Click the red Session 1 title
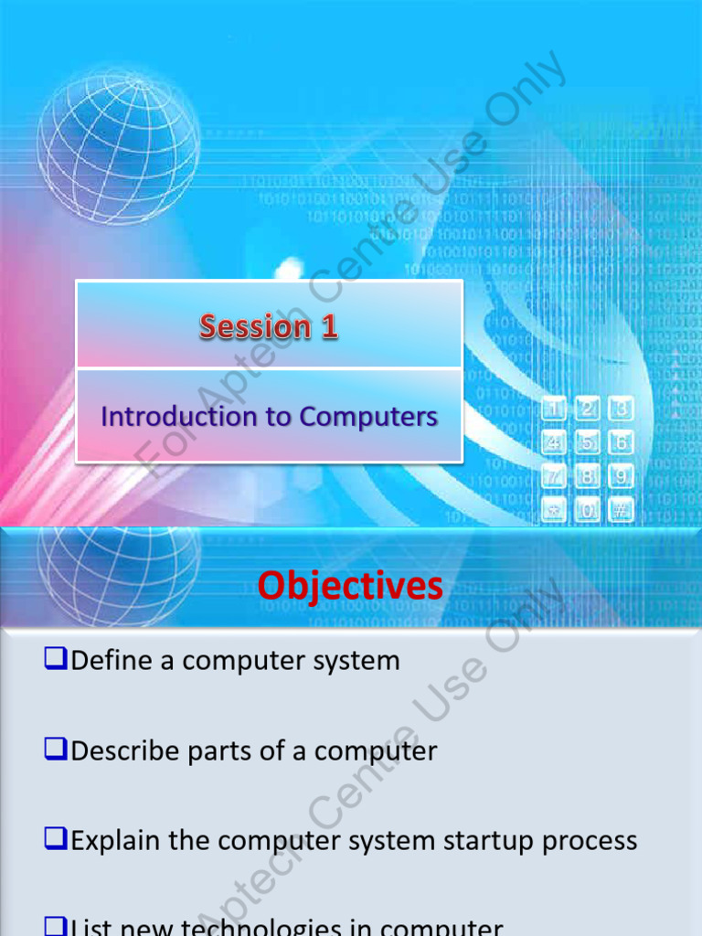(269, 326)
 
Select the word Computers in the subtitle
(368, 417)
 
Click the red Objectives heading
(350, 586)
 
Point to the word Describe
(126, 751)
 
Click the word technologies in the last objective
(275, 928)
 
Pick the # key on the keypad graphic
(622, 510)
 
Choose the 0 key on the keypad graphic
(588, 510)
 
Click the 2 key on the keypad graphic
(588, 409)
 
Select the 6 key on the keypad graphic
(622, 442)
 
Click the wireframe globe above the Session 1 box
(119, 146)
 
